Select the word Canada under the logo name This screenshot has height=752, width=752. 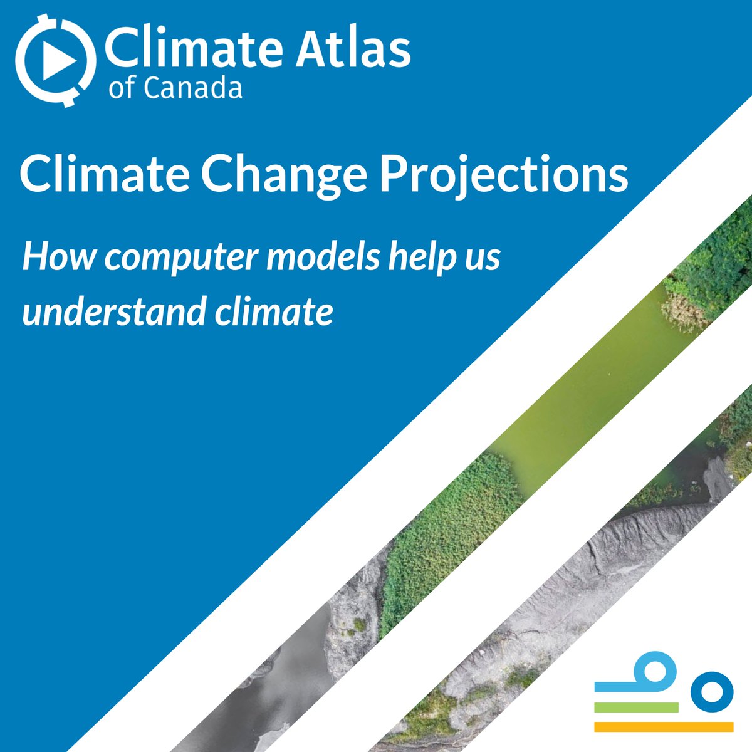(192, 88)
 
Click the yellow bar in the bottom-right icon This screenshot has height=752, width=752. (663, 727)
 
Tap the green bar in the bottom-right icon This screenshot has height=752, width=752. (636, 707)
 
